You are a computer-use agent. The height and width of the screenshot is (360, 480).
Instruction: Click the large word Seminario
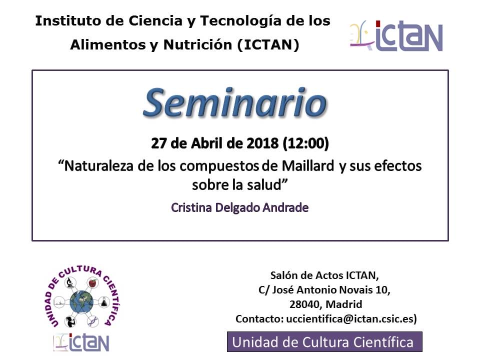click(235, 103)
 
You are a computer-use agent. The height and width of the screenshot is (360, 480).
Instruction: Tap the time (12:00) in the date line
click(306, 143)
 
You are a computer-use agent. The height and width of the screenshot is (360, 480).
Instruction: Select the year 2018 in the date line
click(262, 143)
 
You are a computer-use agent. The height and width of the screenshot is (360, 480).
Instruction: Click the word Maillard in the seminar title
click(308, 166)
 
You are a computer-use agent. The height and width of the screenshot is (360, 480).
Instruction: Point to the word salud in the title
click(265, 184)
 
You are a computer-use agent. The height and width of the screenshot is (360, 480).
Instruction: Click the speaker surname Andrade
click(285, 207)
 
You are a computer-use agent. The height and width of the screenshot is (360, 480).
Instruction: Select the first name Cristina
click(191, 207)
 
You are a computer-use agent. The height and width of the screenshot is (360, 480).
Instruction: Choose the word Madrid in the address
click(344, 304)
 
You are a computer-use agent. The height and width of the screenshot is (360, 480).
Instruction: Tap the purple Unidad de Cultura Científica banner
click(324, 342)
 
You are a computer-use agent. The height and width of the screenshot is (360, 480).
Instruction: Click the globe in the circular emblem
click(81, 302)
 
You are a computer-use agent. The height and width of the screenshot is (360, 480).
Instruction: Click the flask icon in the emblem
click(104, 302)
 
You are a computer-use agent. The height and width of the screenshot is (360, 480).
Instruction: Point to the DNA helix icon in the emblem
click(92, 321)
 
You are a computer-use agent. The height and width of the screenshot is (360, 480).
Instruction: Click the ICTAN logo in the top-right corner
click(396, 36)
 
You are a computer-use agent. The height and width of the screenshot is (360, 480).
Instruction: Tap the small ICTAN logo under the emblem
click(81, 342)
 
